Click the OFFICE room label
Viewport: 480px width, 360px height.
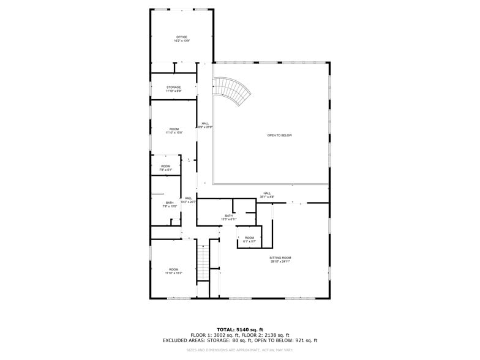(182, 37)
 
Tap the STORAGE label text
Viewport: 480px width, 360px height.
(174, 88)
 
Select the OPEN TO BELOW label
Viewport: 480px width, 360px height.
(279, 135)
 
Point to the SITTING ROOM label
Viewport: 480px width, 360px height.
(280, 258)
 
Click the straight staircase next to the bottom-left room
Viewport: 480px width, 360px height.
(203, 262)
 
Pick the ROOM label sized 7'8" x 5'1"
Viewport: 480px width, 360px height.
(166, 167)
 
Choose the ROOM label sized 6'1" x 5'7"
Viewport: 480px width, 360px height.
(249, 238)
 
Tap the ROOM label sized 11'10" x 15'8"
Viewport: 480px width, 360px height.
(174, 129)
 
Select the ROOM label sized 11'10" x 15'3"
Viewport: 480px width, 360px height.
(174, 270)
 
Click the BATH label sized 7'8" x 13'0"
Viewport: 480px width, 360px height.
(170, 203)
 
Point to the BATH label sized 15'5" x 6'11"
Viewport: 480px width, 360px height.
(228, 216)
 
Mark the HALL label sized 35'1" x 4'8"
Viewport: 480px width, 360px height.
(267, 193)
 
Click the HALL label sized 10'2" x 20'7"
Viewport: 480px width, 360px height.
(189, 198)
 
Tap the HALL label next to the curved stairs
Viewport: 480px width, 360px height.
(204, 124)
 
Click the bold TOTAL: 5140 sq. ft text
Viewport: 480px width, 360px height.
(240, 329)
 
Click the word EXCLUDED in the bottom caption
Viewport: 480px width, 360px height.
(177, 340)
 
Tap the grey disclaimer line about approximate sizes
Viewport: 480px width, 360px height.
(240, 350)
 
